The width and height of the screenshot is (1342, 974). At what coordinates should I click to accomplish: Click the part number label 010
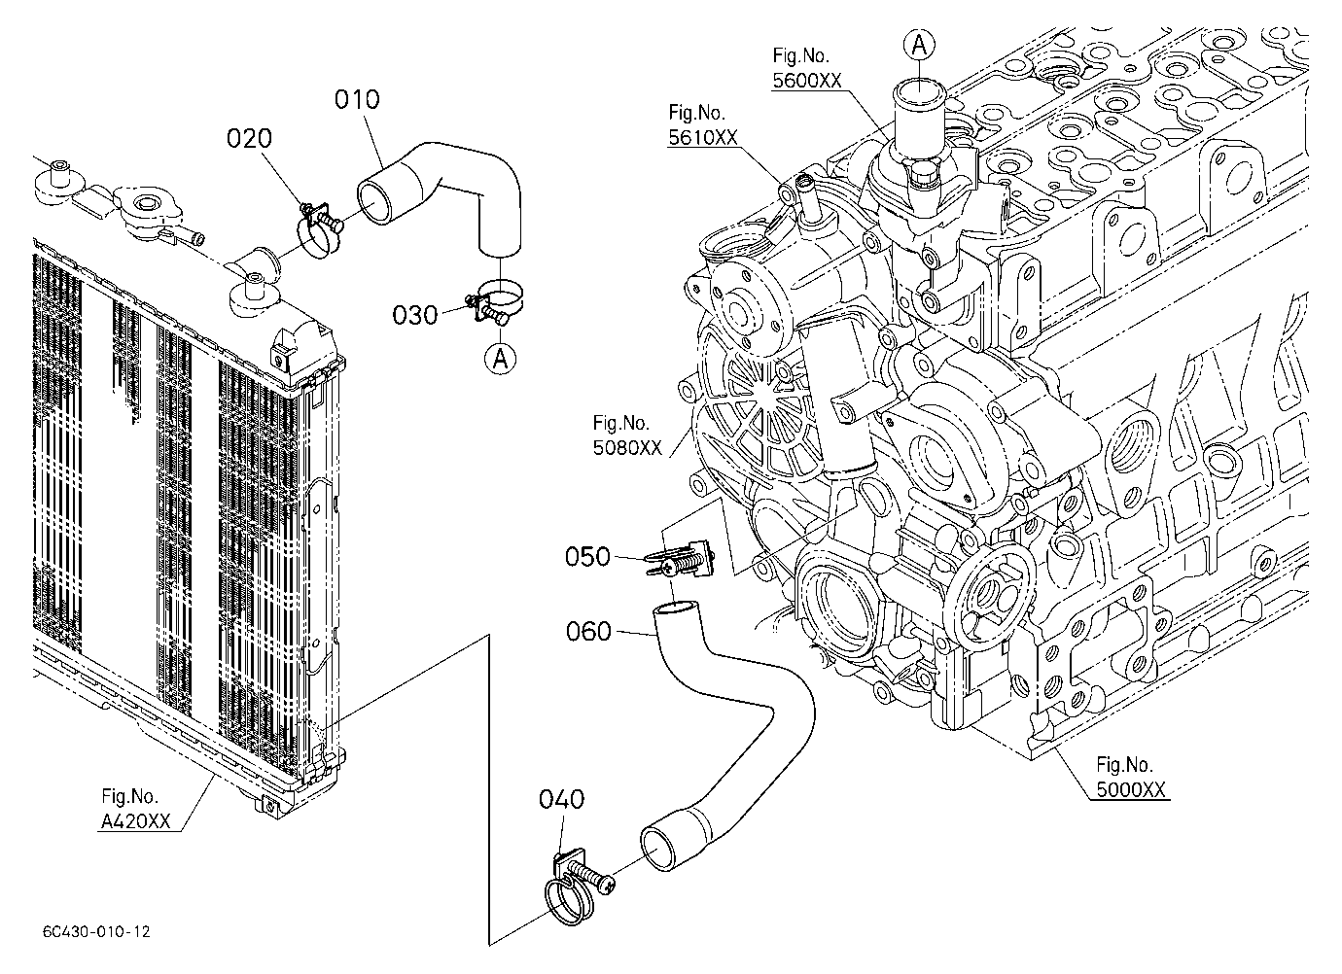click(x=357, y=99)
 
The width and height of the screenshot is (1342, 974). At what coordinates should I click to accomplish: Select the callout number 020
click(x=249, y=138)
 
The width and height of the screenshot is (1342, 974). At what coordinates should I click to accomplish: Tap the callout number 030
click(x=414, y=315)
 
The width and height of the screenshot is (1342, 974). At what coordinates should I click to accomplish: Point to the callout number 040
click(x=561, y=799)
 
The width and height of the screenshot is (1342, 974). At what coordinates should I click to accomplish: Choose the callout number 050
click(x=587, y=556)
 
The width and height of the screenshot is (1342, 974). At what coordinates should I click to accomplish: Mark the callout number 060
click(x=588, y=632)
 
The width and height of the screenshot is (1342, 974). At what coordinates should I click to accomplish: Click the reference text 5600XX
click(x=807, y=81)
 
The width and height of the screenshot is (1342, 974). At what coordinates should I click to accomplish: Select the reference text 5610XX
click(x=703, y=138)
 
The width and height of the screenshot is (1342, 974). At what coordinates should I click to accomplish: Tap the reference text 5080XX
click(x=627, y=447)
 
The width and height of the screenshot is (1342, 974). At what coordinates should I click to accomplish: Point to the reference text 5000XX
click(x=1131, y=789)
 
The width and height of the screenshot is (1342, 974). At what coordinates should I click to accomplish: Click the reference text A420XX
click(x=136, y=821)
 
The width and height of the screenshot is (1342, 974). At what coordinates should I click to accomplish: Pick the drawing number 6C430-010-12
click(x=96, y=932)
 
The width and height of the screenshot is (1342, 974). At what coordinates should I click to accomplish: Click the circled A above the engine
click(x=920, y=45)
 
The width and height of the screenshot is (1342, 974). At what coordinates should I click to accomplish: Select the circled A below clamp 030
click(x=500, y=359)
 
